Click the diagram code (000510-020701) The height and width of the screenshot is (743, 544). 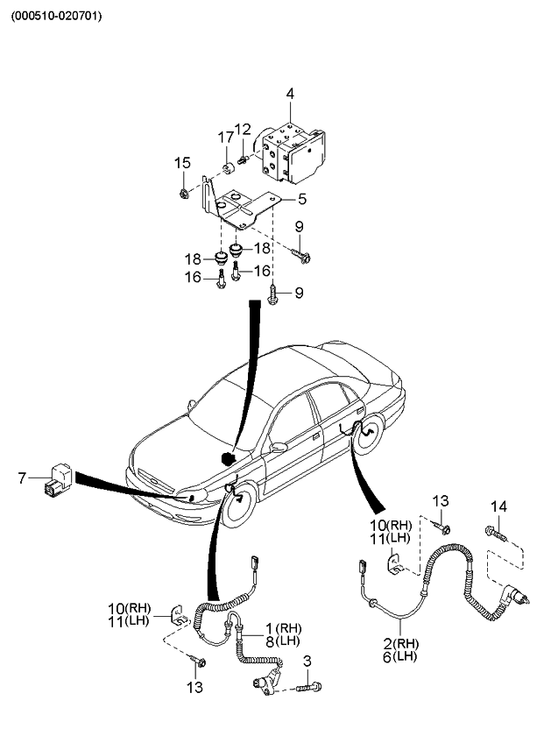(x=56, y=15)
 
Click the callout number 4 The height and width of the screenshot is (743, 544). (x=290, y=94)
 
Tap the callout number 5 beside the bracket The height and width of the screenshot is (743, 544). (x=301, y=200)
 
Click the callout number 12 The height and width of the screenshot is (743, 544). (x=242, y=131)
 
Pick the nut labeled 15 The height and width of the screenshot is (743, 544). (x=182, y=192)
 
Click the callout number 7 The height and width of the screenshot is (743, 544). (x=22, y=478)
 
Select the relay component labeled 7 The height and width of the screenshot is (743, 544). (x=57, y=479)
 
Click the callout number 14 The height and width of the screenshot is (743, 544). (x=498, y=506)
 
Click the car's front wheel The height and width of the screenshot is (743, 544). (x=237, y=508)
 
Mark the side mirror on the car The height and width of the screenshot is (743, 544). (x=279, y=448)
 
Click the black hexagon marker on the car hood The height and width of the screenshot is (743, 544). (x=229, y=457)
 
